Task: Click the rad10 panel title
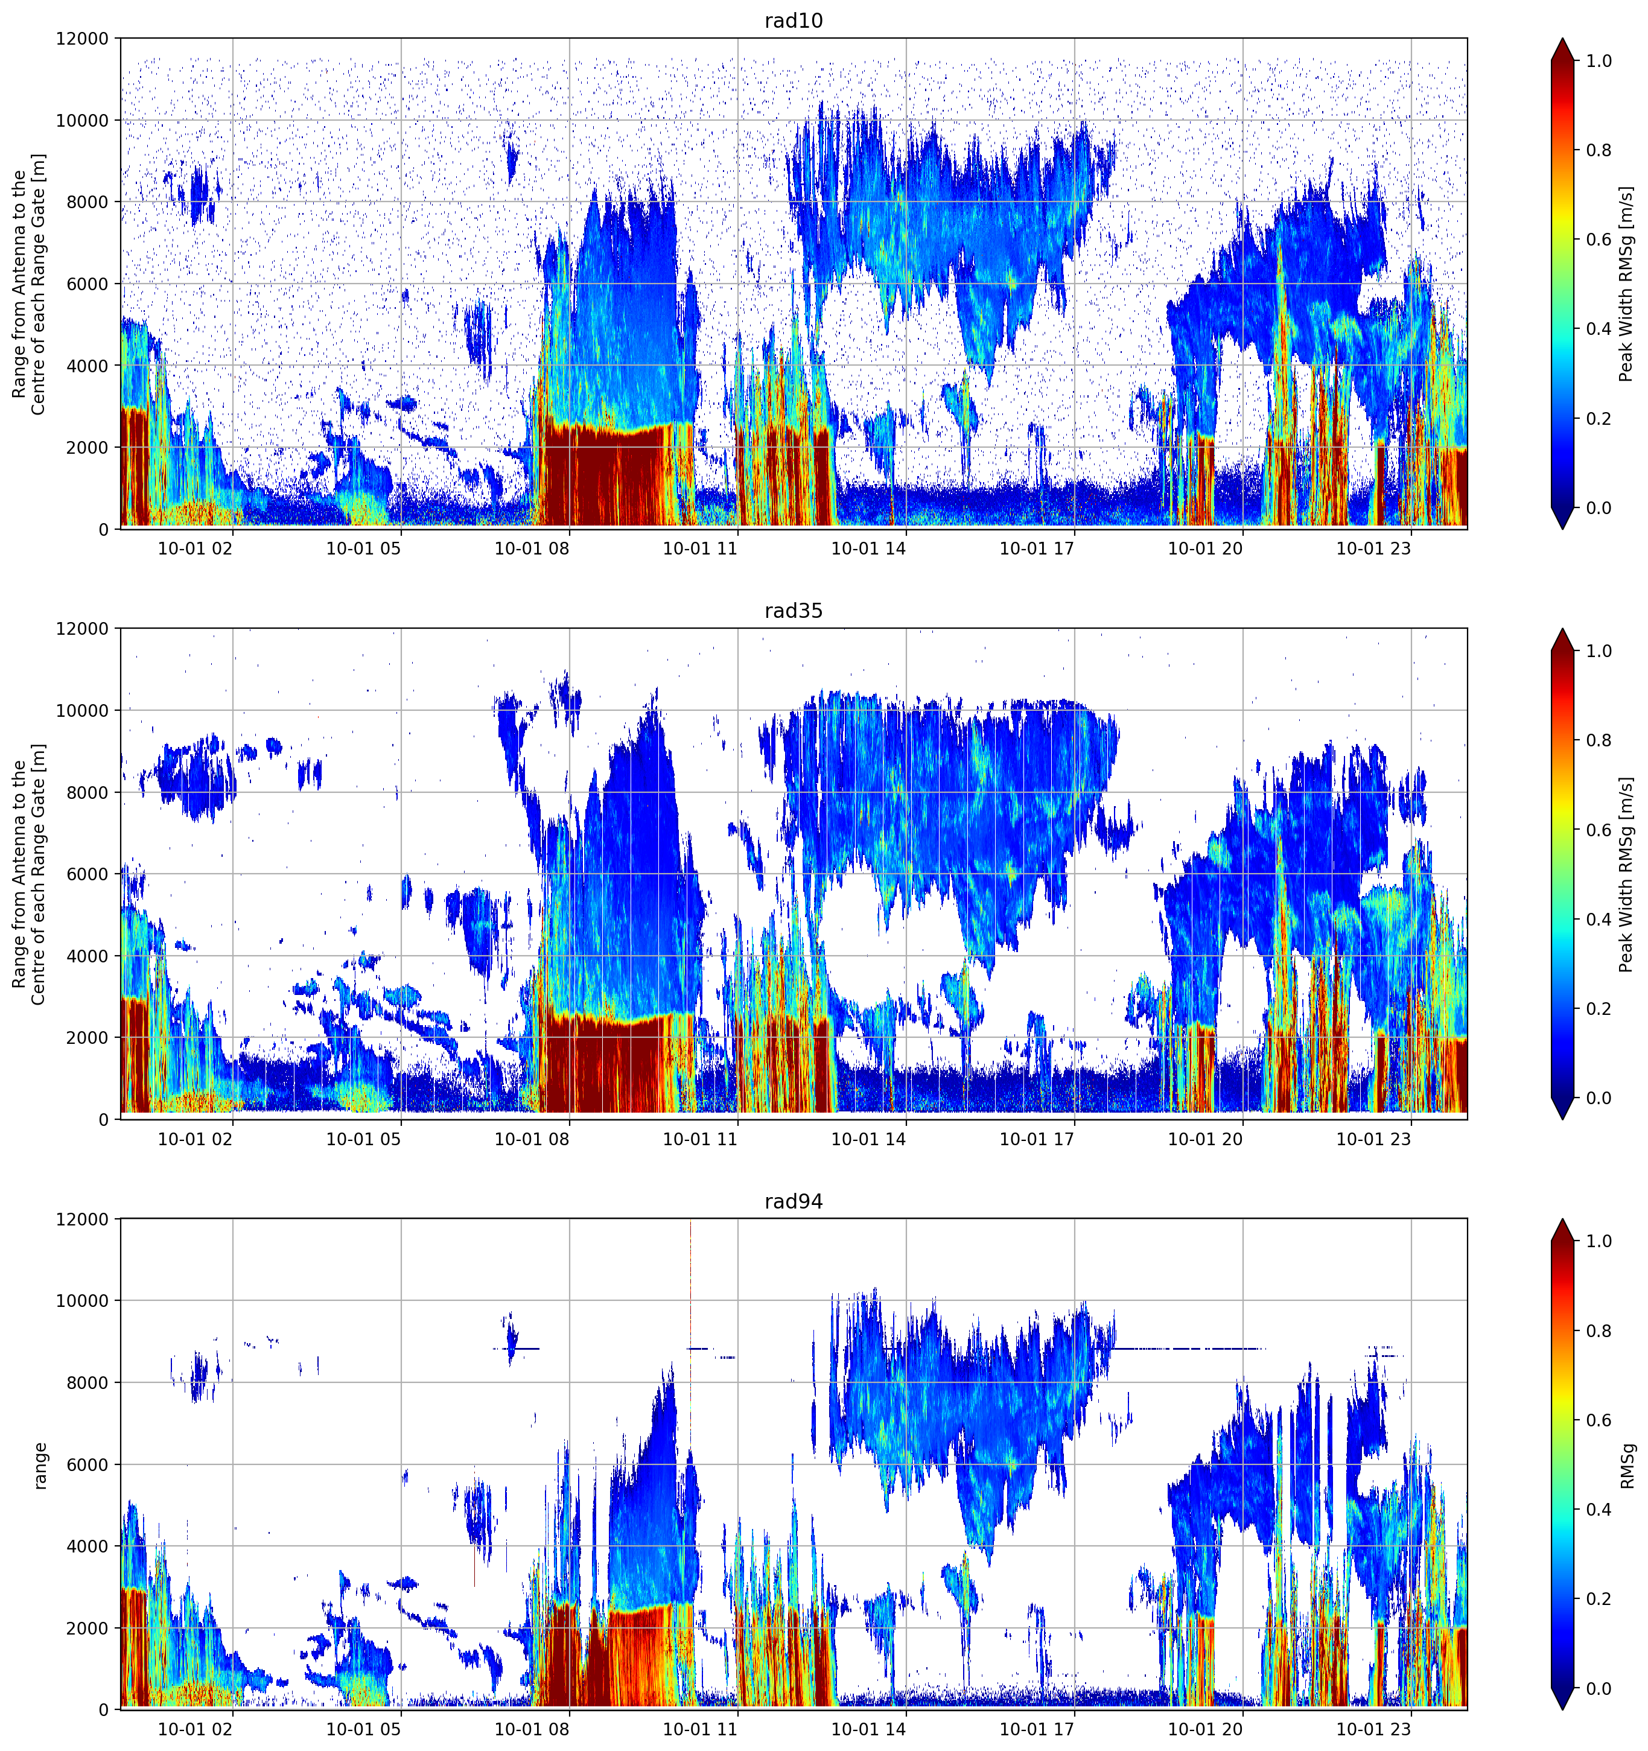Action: click(x=793, y=21)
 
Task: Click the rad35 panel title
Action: click(x=793, y=611)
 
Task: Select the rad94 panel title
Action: click(x=793, y=1201)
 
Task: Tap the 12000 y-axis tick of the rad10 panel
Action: click(x=82, y=39)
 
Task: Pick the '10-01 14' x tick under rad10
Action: click(x=868, y=548)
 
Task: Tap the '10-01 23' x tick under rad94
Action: click(x=1373, y=1729)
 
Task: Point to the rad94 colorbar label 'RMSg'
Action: click(x=1627, y=1466)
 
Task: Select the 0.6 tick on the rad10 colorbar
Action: click(x=1599, y=240)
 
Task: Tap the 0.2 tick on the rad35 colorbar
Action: click(x=1599, y=1008)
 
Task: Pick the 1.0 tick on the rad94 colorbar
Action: click(x=1599, y=1241)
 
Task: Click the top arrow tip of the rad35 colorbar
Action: click(x=1562, y=629)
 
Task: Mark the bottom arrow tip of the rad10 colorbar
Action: click(x=1562, y=529)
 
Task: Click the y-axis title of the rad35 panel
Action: click(x=29, y=874)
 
